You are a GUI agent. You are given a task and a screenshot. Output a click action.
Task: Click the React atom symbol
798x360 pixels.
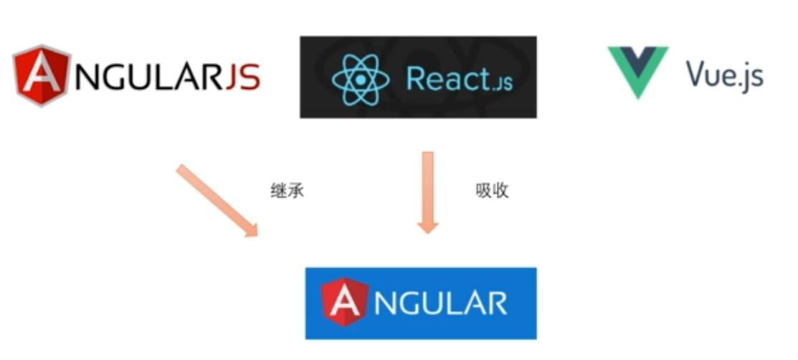pos(361,78)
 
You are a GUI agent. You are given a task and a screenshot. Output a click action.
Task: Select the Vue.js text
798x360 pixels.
pos(724,75)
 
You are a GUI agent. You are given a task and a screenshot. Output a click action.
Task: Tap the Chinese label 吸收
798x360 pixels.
pos(492,191)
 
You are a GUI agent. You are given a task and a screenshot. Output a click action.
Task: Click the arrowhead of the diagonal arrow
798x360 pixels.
pos(250,229)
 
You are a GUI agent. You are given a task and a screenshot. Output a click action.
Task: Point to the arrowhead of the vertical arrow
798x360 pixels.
pos(428,225)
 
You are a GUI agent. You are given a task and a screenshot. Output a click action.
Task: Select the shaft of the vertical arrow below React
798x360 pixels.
pos(428,183)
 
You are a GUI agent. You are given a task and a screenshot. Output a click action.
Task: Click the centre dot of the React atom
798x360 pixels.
pos(361,78)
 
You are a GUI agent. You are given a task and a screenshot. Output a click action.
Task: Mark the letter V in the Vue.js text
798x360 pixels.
pos(695,74)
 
